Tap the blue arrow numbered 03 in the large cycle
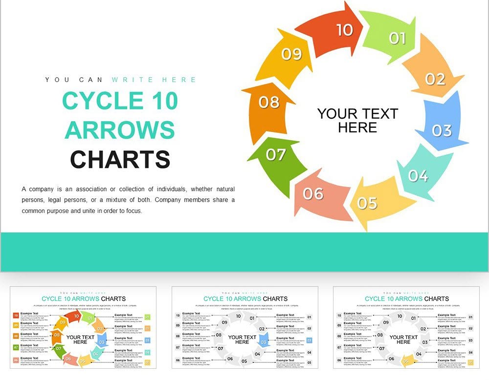pos(443,127)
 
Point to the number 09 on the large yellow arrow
pos(291,54)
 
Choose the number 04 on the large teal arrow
pos(418,175)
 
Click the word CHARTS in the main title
pos(120,160)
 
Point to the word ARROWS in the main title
pos(120,130)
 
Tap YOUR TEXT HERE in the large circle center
pos(357,121)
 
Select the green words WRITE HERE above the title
pos(154,80)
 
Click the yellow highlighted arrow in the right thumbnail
pos(407,361)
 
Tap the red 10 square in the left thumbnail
pos(16,316)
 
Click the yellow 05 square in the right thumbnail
pos(470,362)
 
